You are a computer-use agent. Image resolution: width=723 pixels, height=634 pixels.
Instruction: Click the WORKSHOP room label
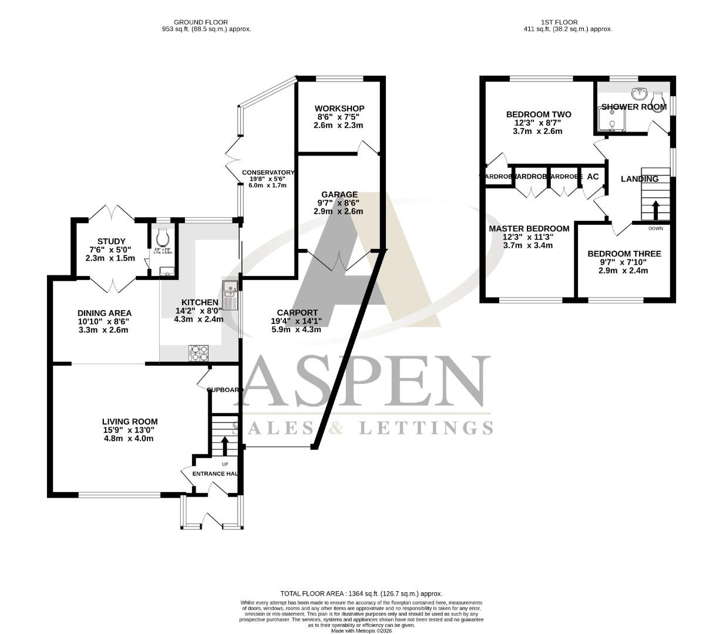[339, 109]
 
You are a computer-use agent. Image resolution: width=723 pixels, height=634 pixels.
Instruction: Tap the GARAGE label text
[339, 194]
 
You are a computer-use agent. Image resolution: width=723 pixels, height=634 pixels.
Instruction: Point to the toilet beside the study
[163, 238]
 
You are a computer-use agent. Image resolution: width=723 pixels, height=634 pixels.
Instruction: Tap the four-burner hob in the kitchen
[199, 353]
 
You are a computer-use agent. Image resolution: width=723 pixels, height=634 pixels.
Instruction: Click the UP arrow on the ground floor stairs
[224, 446]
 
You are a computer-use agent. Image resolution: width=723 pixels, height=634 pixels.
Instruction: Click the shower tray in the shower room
[612, 121]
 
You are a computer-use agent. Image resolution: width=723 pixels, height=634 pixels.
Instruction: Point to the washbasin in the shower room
[638, 93]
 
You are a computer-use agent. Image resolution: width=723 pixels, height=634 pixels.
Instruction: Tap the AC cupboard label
[593, 177]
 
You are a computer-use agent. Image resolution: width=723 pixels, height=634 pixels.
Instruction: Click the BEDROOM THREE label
[624, 254]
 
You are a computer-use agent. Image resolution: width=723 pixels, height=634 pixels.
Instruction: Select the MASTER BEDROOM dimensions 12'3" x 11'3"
[529, 237]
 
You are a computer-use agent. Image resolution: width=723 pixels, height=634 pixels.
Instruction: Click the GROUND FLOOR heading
[201, 22]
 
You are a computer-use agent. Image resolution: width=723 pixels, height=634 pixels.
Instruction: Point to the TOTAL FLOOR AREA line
[361, 593]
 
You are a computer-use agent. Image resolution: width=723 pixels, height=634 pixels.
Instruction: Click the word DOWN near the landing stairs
[655, 228]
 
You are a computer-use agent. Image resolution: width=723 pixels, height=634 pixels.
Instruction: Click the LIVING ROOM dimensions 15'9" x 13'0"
[130, 430]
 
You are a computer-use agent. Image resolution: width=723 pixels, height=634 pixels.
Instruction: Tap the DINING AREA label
[104, 313]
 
